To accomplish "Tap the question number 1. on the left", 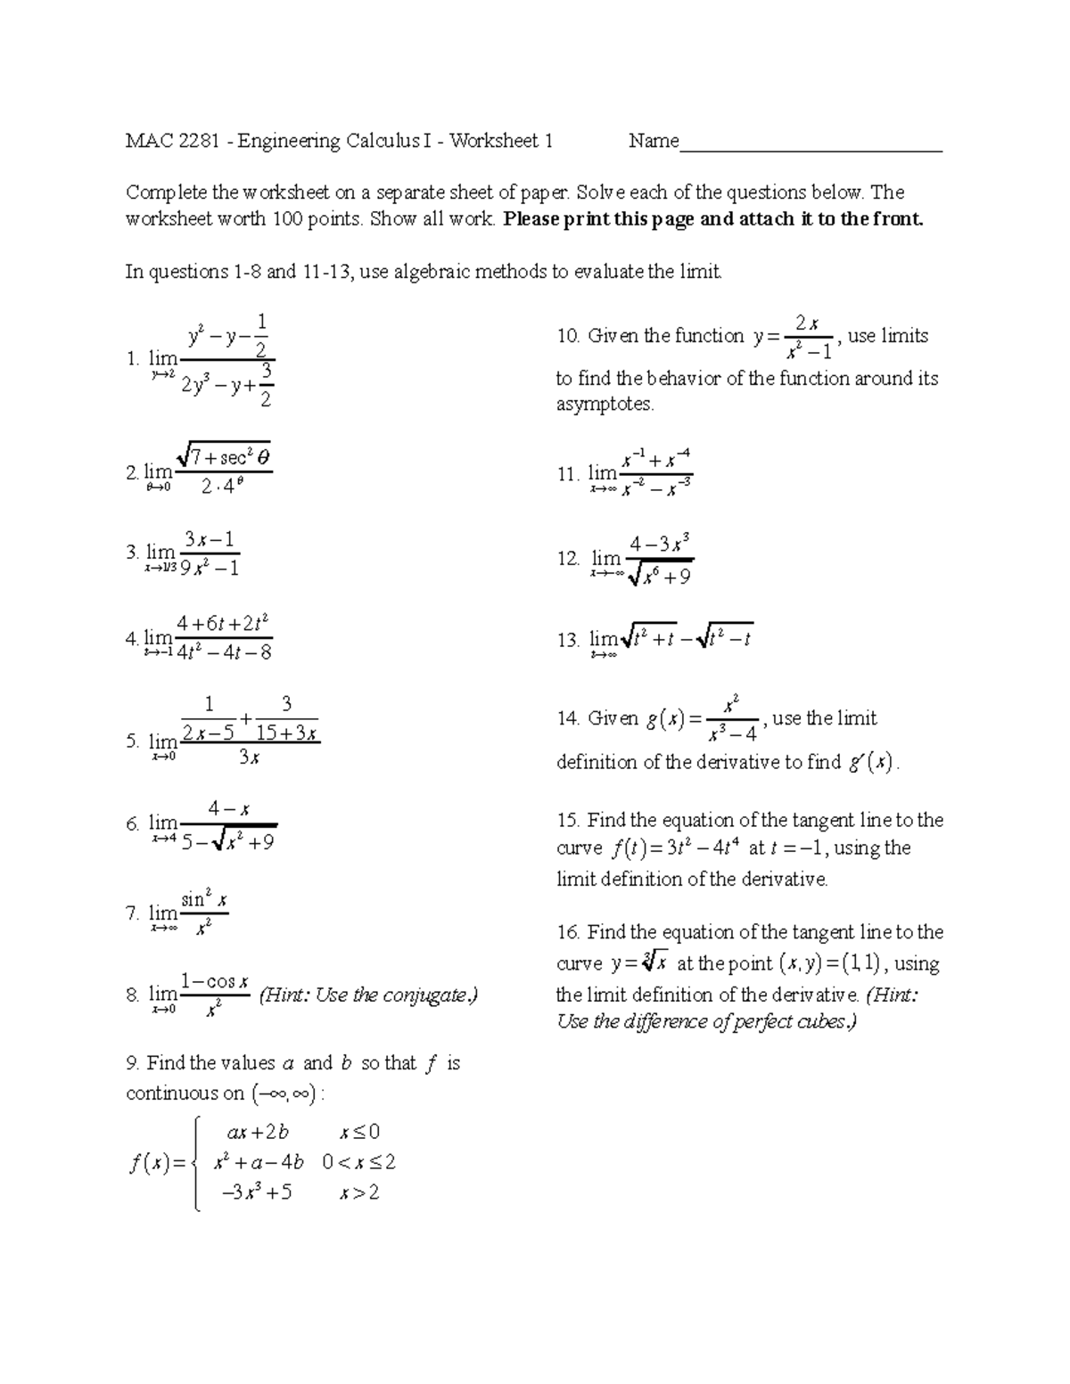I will (133, 358).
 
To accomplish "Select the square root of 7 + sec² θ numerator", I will (224, 457).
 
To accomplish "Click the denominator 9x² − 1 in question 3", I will (209, 567).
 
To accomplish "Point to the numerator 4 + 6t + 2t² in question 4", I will (223, 623).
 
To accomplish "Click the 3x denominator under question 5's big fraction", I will (249, 758).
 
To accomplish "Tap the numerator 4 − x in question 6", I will (228, 809).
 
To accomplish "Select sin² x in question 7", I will (204, 899).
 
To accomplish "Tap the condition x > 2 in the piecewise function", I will (359, 1192).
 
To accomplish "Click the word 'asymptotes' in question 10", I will (604, 405).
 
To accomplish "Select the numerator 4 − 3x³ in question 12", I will (660, 544).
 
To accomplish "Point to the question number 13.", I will (568, 639).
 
